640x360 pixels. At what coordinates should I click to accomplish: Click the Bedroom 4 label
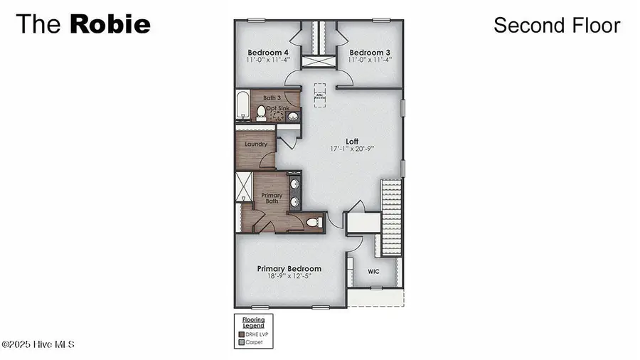coord(268,53)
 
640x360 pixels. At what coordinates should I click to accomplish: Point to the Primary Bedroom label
coord(289,269)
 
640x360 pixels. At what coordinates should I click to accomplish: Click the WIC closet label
coord(374,272)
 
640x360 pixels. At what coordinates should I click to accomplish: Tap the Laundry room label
coord(255,144)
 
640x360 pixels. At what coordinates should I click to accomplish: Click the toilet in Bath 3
coord(261,112)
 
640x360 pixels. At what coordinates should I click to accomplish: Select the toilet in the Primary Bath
coord(313,223)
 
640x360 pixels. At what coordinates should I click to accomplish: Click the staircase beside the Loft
coord(392,217)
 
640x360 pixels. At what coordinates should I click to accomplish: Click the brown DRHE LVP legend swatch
coord(240,334)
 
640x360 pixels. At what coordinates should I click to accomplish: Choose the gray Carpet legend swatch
coord(240,342)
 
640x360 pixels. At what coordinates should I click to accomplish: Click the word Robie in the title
coord(110,24)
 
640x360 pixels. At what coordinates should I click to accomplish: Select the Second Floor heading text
coord(557,26)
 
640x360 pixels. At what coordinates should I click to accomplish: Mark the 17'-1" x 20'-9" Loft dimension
coord(352,149)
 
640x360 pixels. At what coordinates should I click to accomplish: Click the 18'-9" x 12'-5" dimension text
coord(289,277)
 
